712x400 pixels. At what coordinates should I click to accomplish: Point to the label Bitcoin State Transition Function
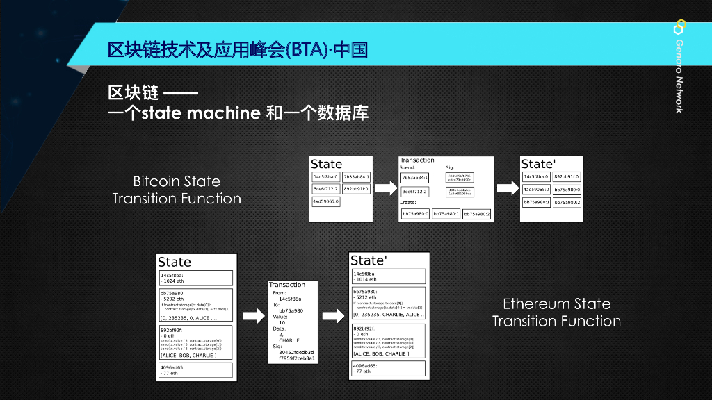(x=177, y=190)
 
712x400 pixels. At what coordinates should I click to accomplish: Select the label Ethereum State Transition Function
(x=556, y=312)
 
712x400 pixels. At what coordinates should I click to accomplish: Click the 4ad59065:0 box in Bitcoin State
(x=326, y=201)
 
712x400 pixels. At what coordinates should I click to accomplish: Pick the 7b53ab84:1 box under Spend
(x=415, y=178)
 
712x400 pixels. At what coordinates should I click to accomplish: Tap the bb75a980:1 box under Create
(x=446, y=214)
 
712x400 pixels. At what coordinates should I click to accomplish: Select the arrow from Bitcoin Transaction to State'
(x=506, y=187)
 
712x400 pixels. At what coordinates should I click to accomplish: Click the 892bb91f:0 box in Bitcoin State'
(x=567, y=176)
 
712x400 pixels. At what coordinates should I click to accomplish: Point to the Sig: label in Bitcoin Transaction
(x=450, y=167)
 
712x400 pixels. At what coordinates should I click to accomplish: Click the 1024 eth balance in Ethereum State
(x=173, y=281)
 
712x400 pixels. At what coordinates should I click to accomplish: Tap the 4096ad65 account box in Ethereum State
(x=195, y=369)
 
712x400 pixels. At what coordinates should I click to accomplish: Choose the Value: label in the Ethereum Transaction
(x=280, y=316)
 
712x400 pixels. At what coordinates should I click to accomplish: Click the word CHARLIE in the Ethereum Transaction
(x=289, y=340)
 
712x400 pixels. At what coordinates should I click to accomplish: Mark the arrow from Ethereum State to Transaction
(x=254, y=316)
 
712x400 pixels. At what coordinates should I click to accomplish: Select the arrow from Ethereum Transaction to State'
(x=334, y=316)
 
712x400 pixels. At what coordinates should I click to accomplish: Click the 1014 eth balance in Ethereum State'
(x=366, y=279)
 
